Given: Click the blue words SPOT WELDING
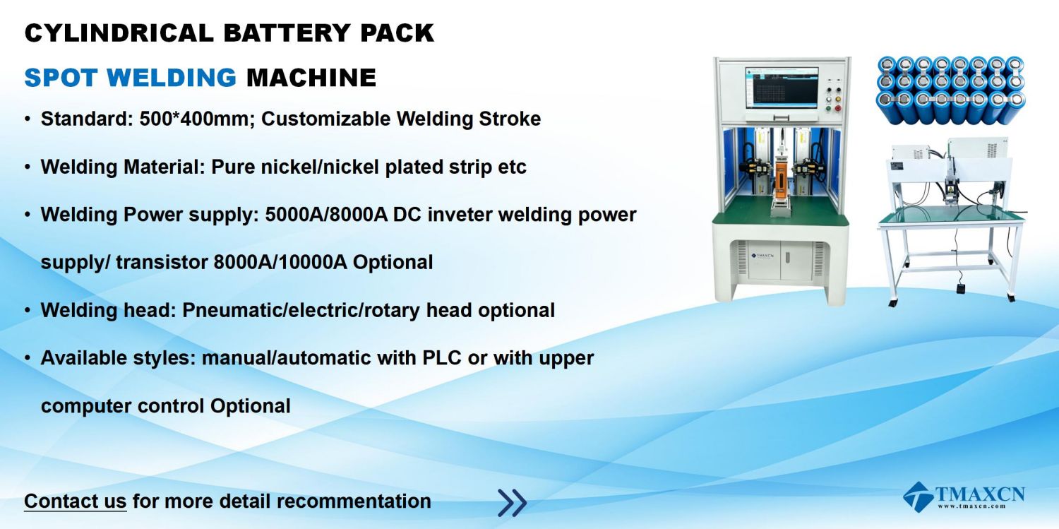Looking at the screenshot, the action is (x=130, y=78).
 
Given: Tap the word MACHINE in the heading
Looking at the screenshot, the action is (x=311, y=78).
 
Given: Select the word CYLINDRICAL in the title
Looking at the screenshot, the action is (x=119, y=33).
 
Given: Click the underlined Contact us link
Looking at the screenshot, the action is (x=75, y=501).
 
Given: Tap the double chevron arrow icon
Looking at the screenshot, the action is (x=512, y=502).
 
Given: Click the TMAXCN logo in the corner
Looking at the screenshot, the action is (x=964, y=497).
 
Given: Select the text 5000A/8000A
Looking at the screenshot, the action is (x=325, y=215).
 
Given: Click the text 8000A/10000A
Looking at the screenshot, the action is (x=280, y=262).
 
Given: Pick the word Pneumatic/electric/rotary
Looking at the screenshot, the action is (x=301, y=311).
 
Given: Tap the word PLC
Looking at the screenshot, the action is (x=441, y=358).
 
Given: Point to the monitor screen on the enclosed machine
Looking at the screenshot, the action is (x=782, y=88).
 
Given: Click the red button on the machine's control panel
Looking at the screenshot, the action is (x=838, y=108).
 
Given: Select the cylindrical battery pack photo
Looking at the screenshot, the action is (x=951, y=90).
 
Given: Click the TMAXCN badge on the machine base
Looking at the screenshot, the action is (x=762, y=256).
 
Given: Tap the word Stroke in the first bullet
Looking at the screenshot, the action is (x=510, y=119).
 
